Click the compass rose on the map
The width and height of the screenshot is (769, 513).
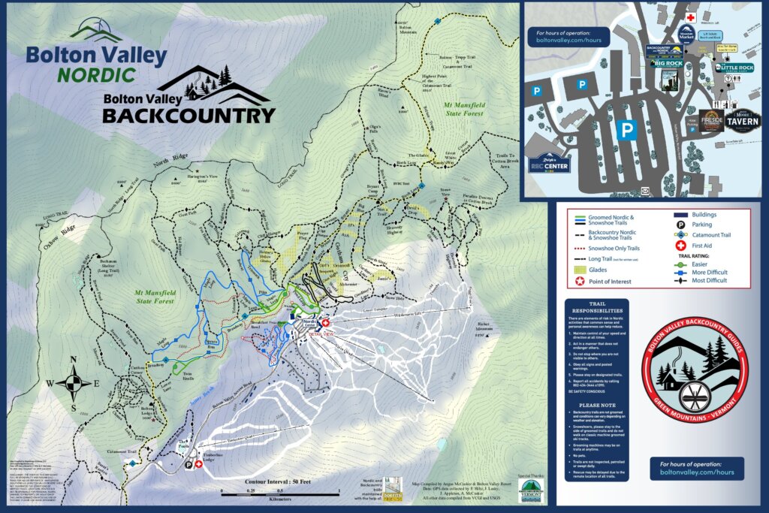point(73,384)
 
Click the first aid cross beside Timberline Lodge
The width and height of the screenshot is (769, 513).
point(199,464)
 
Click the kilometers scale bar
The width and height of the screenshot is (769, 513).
point(281,491)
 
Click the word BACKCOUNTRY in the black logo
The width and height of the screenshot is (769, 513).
point(188,115)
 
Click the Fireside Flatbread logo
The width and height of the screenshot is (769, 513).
point(710,120)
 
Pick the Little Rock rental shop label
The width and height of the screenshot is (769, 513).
point(735,68)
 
